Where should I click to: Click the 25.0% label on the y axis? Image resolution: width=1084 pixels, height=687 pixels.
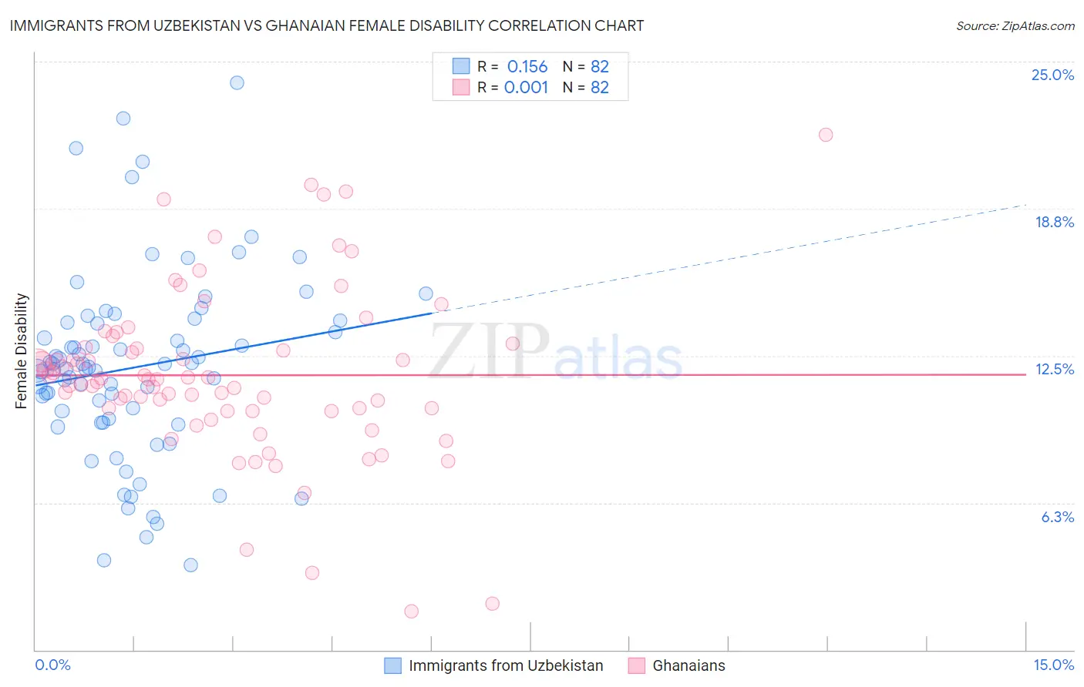tap(1052, 75)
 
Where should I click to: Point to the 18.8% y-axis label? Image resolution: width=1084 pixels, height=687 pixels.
tap(1053, 222)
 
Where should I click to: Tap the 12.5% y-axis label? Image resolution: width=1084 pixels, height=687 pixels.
tap(1054, 369)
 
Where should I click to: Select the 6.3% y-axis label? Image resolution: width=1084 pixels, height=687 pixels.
tap(1057, 517)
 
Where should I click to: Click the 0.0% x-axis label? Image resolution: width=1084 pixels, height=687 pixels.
tap(52, 665)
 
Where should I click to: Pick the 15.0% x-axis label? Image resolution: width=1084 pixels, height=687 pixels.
tap(1053, 665)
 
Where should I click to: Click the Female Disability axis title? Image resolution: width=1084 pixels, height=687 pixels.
tap(22, 350)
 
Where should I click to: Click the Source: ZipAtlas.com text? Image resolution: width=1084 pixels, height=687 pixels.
tap(1015, 25)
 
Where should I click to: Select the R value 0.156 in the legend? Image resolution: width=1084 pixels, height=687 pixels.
tap(527, 66)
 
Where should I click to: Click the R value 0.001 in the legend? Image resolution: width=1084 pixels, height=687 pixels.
tap(526, 87)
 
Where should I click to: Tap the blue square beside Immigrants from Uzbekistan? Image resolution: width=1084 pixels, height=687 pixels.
tap(392, 665)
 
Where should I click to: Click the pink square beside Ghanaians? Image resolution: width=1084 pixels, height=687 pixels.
tap(636, 665)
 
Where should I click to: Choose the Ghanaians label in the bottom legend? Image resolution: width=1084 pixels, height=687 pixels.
tap(688, 665)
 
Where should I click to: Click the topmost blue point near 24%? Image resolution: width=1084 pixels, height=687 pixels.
tap(237, 82)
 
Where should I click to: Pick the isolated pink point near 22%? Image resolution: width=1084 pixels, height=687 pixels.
tap(826, 135)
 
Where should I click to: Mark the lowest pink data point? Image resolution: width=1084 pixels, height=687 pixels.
tap(411, 611)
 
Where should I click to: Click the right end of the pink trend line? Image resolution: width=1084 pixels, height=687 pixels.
tap(1025, 374)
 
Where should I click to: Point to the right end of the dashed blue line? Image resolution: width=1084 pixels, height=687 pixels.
tap(1025, 205)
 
